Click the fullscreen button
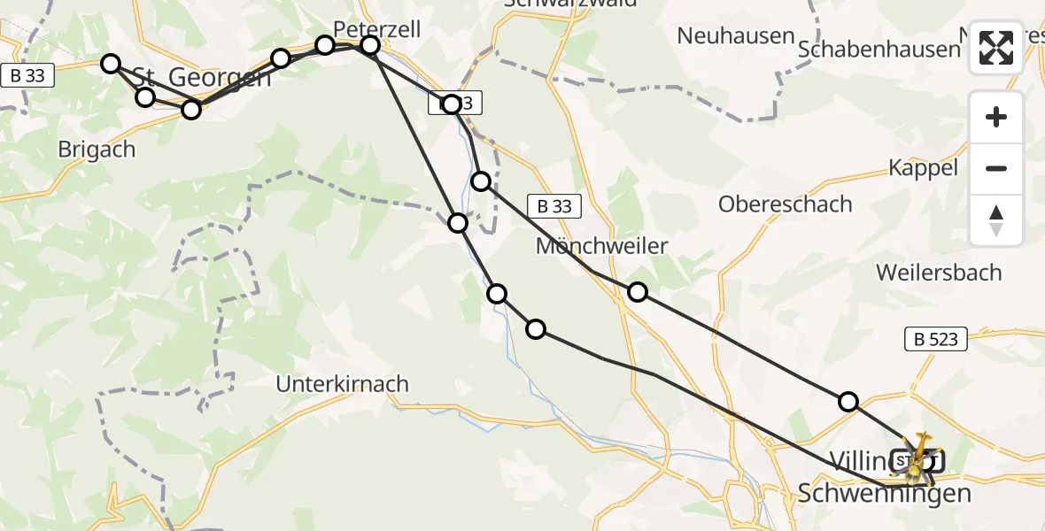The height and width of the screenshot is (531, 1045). pos(996,48)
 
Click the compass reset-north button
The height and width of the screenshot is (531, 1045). pos(996,220)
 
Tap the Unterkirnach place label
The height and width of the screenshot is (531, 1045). pos(343,384)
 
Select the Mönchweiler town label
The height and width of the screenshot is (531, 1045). pos(601,246)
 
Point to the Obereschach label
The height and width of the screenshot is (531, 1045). pos(785,204)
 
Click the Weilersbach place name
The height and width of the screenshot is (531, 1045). pos(939,272)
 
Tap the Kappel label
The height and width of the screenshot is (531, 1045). pos(923,168)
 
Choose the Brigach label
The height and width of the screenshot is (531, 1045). pos(97,150)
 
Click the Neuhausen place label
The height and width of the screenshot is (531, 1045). pos(735,36)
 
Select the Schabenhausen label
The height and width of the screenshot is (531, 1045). pos(879,50)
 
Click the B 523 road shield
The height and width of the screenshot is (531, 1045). pos(936,338)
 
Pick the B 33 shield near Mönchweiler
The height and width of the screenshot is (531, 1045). pos(554,207)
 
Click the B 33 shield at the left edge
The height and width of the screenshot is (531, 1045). pos(28,76)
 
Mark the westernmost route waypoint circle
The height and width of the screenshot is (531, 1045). pos(111,63)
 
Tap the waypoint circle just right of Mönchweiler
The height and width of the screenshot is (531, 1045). pos(638,292)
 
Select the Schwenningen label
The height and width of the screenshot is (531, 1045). pos(884,493)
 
